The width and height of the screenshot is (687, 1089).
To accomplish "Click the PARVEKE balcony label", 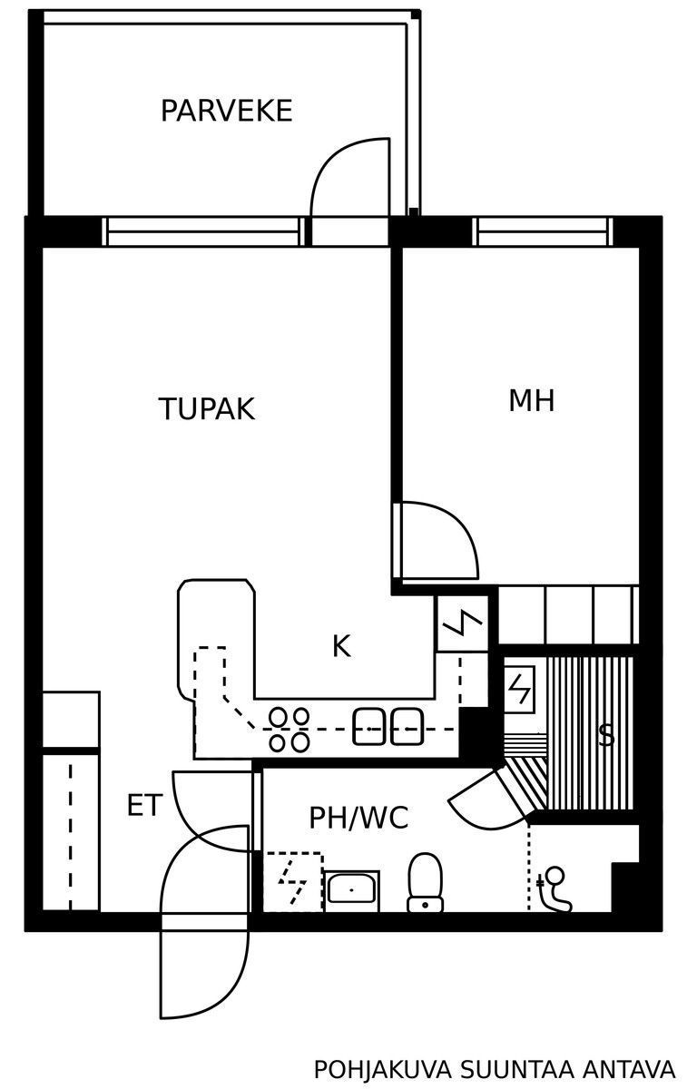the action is pyautogui.click(x=226, y=111).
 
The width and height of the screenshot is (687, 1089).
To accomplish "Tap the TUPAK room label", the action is pyautogui.click(x=207, y=409).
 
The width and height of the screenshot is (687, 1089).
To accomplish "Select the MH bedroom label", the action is pyautogui.click(x=532, y=400).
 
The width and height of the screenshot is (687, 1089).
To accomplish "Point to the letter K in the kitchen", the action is pyautogui.click(x=341, y=646).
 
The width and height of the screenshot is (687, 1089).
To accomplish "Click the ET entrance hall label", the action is pyautogui.click(x=144, y=805).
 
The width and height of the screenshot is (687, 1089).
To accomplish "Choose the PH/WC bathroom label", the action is pyautogui.click(x=358, y=818).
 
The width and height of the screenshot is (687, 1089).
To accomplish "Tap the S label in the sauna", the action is pyautogui.click(x=606, y=736).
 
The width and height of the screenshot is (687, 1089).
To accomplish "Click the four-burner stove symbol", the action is pyautogui.click(x=290, y=730).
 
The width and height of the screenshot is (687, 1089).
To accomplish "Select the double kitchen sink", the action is pyautogui.click(x=388, y=727).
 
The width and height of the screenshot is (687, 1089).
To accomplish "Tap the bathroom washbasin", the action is pyautogui.click(x=351, y=890).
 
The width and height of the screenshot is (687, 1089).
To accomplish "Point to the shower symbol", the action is pyautogui.click(x=554, y=889).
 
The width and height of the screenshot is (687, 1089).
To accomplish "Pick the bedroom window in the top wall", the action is pyautogui.click(x=543, y=231).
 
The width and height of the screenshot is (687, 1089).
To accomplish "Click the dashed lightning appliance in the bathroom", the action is pyautogui.click(x=293, y=882).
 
